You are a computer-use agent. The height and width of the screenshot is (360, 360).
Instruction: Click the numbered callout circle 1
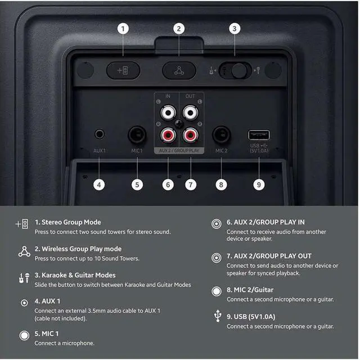tap(124, 28)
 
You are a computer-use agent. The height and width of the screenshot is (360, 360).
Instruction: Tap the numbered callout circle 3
tap(235, 28)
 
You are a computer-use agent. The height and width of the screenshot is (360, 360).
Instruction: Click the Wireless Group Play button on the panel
tap(179, 71)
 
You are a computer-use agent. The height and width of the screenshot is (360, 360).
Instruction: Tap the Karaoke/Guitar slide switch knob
tap(240, 71)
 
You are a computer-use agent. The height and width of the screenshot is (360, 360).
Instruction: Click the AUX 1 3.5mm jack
tap(100, 134)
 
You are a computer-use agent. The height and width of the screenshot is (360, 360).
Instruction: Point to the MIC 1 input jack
tap(137, 135)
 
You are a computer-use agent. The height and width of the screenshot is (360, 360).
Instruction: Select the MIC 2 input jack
tap(221, 135)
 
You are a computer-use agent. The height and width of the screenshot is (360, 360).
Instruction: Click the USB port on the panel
tap(259, 135)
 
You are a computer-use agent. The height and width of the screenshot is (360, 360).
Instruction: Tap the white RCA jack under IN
tap(168, 112)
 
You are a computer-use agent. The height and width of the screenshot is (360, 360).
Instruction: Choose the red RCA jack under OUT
tap(191, 135)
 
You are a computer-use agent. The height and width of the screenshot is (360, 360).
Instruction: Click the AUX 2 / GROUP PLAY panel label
tap(179, 151)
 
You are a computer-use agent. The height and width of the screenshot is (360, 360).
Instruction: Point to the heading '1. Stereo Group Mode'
tap(68, 222)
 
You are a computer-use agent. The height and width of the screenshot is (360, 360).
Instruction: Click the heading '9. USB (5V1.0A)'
tap(251, 317)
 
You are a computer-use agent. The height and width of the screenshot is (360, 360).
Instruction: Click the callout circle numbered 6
tap(168, 183)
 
